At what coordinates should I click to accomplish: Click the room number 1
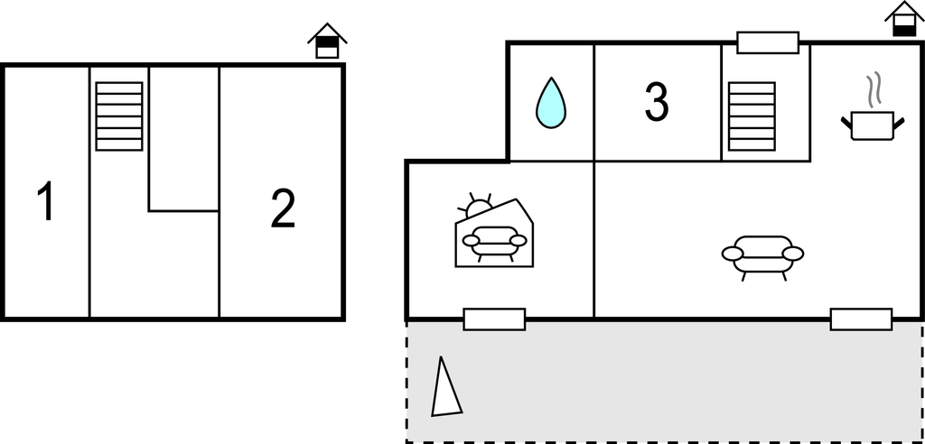tap(46, 201)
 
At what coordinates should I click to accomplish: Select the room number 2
tap(283, 209)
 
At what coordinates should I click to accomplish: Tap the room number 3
tap(657, 102)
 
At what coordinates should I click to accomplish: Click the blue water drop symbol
tap(550, 103)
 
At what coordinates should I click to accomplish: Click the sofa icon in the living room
tap(762, 257)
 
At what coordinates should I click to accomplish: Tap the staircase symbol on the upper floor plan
tap(119, 116)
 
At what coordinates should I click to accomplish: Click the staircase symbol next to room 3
tap(752, 116)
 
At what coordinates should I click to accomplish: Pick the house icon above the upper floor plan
tap(327, 41)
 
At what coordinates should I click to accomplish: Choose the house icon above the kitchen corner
tap(904, 19)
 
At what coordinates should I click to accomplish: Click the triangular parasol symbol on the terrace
tap(445, 388)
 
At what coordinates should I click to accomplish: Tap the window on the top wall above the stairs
tap(768, 42)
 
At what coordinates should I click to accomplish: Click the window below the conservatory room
tap(494, 319)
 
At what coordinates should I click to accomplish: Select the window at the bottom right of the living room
tap(861, 319)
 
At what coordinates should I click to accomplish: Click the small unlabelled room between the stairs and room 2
tap(183, 139)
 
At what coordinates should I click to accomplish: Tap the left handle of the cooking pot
tap(846, 124)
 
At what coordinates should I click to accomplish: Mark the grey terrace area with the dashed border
tap(665, 382)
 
